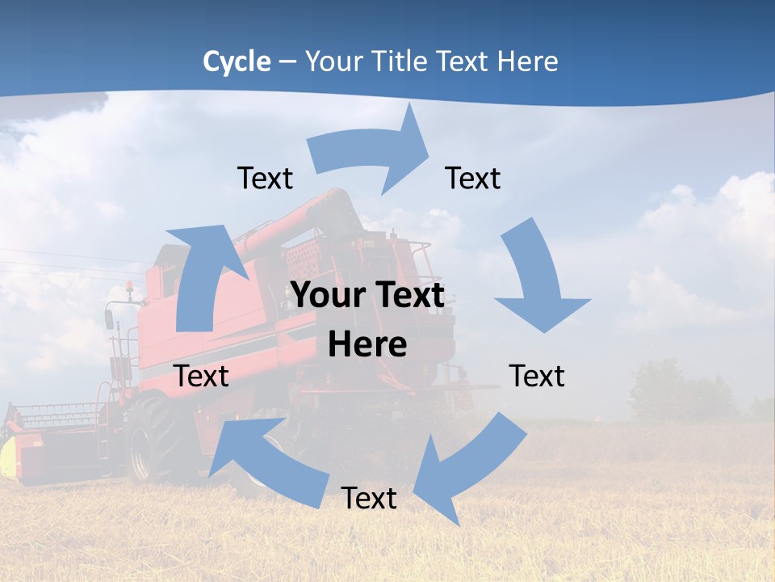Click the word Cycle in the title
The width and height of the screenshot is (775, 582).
[237, 61]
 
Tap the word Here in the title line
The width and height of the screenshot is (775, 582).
[526, 61]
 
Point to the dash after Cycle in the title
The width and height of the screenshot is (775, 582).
[287, 62]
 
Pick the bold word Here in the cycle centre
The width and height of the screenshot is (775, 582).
[367, 345]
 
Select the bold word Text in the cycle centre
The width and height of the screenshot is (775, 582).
[407, 296]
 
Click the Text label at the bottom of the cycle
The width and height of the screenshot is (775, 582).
[368, 499]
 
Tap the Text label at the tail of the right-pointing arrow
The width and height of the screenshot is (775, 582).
[265, 179]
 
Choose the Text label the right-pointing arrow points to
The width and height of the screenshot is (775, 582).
[473, 179]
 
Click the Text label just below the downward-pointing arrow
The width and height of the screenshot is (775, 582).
[537, 377]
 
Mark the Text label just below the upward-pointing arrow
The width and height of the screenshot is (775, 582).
[201, 377]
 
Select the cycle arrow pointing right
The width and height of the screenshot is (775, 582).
[371, 154]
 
